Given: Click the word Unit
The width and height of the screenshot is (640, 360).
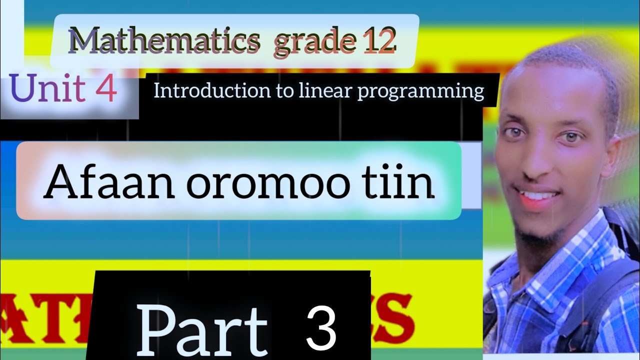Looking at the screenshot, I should [47, 89].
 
